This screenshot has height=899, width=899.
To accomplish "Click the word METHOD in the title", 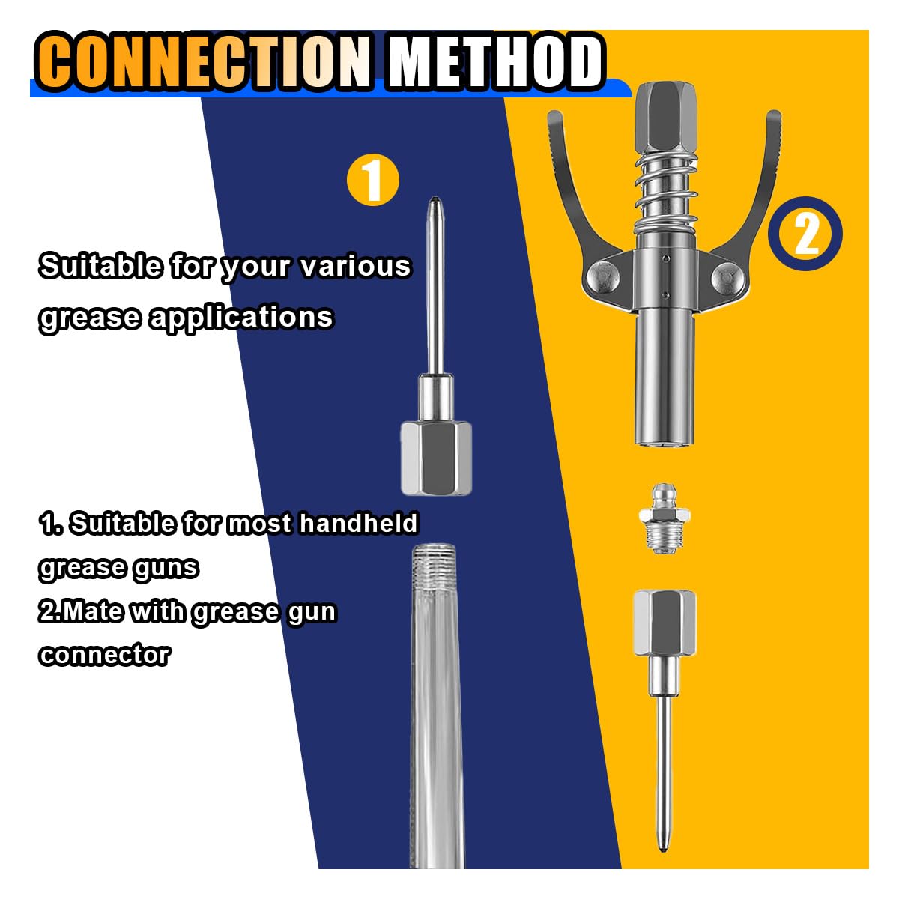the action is [495, 62].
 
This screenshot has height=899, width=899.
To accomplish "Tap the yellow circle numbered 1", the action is [373, 180].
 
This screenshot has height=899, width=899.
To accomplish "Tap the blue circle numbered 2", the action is [805, 233].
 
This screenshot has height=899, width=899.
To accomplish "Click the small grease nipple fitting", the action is [664, 518].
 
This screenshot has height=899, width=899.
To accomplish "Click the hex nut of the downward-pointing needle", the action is [665, 623].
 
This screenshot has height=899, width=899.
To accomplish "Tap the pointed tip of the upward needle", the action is [435, 198].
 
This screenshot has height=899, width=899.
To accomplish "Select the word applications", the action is [240, 318].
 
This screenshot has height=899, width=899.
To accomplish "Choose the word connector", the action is [105, 655].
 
